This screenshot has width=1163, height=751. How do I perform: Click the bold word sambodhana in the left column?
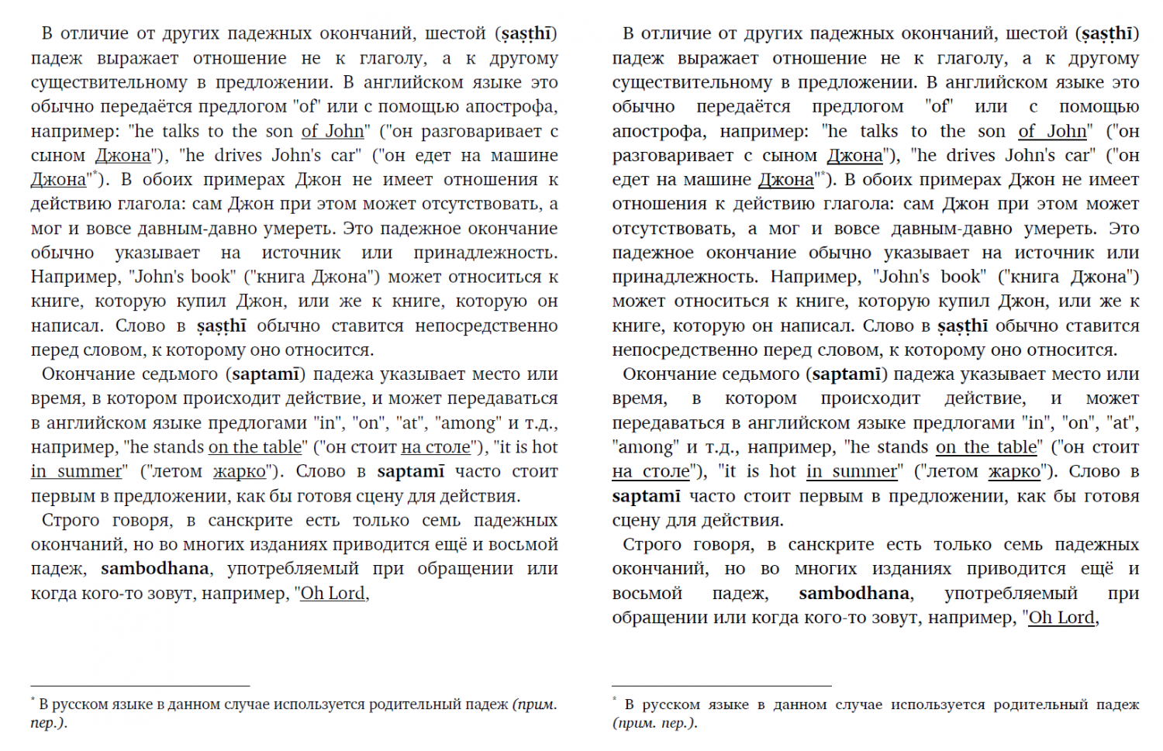154,569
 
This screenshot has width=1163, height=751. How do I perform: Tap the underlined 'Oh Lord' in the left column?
333,594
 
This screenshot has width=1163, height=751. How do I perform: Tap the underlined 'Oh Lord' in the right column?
1061,618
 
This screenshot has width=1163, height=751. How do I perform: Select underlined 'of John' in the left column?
333,132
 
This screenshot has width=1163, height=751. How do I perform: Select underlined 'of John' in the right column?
1052,132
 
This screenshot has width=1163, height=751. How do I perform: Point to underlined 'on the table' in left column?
255,447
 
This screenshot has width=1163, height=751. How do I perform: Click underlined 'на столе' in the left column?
436,447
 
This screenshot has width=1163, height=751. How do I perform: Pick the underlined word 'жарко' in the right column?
1014,472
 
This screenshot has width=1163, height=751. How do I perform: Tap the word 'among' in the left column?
469,423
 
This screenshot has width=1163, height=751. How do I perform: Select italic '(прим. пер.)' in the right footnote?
654,723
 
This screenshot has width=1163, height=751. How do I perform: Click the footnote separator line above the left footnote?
140,686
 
